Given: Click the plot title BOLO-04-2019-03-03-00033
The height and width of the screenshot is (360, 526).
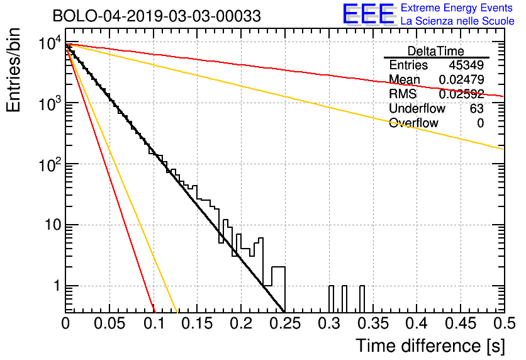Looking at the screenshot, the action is tap(157, 16).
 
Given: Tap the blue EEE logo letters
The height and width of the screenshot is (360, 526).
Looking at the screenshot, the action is tap(369, 13).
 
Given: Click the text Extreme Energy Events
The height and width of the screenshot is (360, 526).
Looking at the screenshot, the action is tap(457, 8).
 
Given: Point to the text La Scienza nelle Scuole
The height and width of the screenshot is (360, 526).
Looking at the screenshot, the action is tap(457, 21).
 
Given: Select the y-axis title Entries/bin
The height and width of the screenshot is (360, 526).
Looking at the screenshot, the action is tap(13, 70).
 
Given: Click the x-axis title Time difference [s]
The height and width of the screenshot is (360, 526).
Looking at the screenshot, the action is tap(430, 346).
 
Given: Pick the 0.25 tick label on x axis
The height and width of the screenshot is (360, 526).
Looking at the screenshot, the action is tap(284, 323).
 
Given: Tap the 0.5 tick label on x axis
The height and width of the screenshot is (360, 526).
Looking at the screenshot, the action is tap(504, 323).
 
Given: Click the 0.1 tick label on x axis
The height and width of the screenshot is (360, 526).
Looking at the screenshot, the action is tap(154, 323).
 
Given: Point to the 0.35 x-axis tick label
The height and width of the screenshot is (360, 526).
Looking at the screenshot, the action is tap(372, 323).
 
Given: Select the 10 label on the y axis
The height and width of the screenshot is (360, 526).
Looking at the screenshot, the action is tap(53, 225).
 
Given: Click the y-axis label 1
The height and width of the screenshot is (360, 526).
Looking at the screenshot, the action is tap(57, 286).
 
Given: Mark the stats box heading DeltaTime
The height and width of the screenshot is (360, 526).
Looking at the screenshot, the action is tap(436, 51).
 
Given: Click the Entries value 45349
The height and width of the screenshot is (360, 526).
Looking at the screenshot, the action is tap(466, 65).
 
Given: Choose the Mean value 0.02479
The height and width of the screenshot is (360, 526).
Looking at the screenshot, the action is tap(461, 79).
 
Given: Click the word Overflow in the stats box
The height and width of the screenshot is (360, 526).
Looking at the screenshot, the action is tap(413, 123).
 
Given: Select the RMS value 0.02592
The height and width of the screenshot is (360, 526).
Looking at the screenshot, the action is tap(461, 94).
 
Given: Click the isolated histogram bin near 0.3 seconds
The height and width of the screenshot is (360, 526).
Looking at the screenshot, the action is tap(331, 299).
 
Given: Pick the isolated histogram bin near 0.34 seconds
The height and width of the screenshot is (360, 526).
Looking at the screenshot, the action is tap(362, 299).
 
